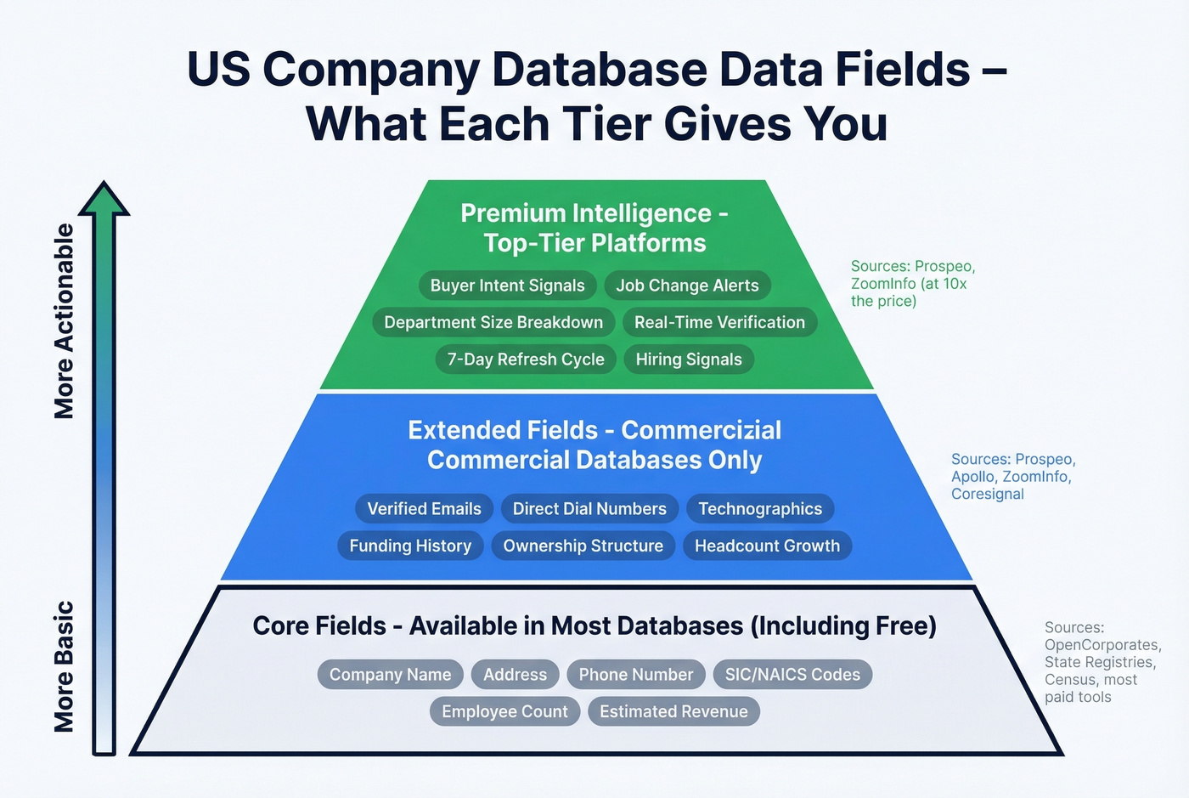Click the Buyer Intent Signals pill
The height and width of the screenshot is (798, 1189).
507,286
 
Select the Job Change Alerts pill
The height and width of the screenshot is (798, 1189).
687,286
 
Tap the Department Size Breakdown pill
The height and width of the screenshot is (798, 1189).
493,322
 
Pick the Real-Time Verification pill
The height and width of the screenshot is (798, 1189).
719,322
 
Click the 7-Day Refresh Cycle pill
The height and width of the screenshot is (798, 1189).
526,359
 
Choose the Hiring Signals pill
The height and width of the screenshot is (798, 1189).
689,359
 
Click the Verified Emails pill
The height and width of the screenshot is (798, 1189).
424,509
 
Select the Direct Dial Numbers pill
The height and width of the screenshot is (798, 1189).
589,509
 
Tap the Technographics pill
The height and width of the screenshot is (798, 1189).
760,509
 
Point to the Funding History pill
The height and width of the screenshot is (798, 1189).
410,546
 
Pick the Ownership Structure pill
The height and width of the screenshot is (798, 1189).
583,546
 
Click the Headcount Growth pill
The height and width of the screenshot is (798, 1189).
767,546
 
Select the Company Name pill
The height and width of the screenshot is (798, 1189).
390,675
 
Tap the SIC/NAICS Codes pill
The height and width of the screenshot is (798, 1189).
792,675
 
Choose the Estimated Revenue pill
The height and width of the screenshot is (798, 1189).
673,711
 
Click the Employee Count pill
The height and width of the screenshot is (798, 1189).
504,711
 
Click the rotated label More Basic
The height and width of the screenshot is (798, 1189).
65,666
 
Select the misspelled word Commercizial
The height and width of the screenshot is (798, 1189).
702,430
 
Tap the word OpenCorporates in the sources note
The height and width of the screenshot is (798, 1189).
1101,645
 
